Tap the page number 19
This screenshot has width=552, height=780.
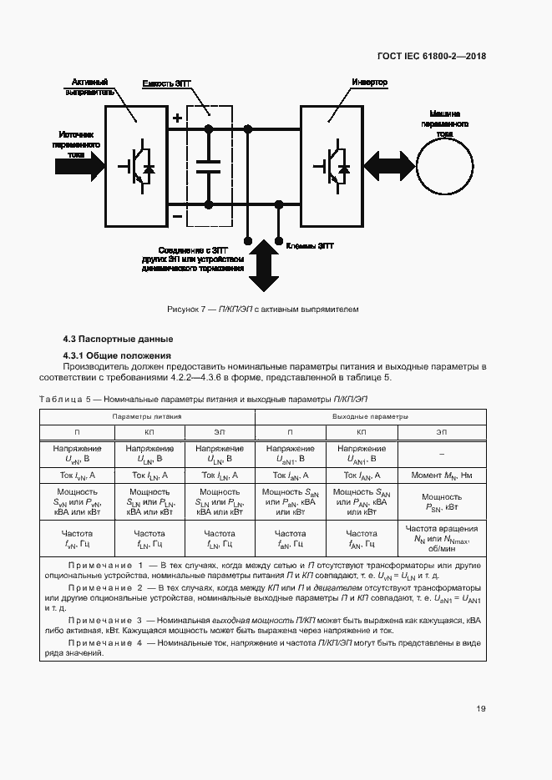[x=481, y=709]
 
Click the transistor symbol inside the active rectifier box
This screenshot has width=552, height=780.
[x=136, y=167]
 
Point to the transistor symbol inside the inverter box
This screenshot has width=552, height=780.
[x=332, y=164]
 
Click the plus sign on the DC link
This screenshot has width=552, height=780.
[x=177, y=118]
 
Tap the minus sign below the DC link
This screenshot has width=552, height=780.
[x=177, y=216]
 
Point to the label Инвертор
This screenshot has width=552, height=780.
[x=368, y=83]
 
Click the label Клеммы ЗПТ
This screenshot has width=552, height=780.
[x=310, y=247]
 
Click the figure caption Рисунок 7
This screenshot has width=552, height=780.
[x=262, y=309]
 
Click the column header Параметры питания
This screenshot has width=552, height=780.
[x=147, y=415]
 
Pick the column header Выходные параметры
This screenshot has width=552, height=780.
[x=371, y=415]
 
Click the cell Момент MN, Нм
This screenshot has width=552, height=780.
[x=441, y=475]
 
